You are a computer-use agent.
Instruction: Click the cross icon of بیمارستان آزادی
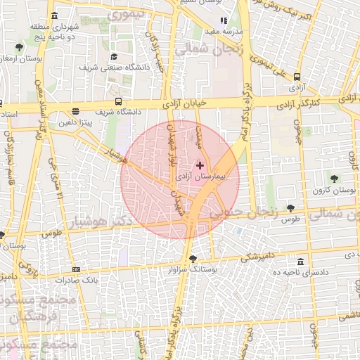pyautogui.click(x=200, y=165)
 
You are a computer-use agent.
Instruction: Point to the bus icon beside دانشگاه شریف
pyautogui.click(x=118, y=101)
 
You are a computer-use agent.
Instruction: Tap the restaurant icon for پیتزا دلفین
pyautogui.click(x=75, y=111)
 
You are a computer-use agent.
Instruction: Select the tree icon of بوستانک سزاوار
pyautogui.click(x=193, y=258)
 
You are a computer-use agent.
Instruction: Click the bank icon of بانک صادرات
pyautogui.click(x=75, y=269)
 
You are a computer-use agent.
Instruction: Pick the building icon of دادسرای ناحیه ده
pyautogui.click(x=300, y=261)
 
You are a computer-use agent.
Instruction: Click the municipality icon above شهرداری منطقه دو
pyautogui.click(x=54, y=15)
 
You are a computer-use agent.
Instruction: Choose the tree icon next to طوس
pyautogui.click(x=290, y=208)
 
